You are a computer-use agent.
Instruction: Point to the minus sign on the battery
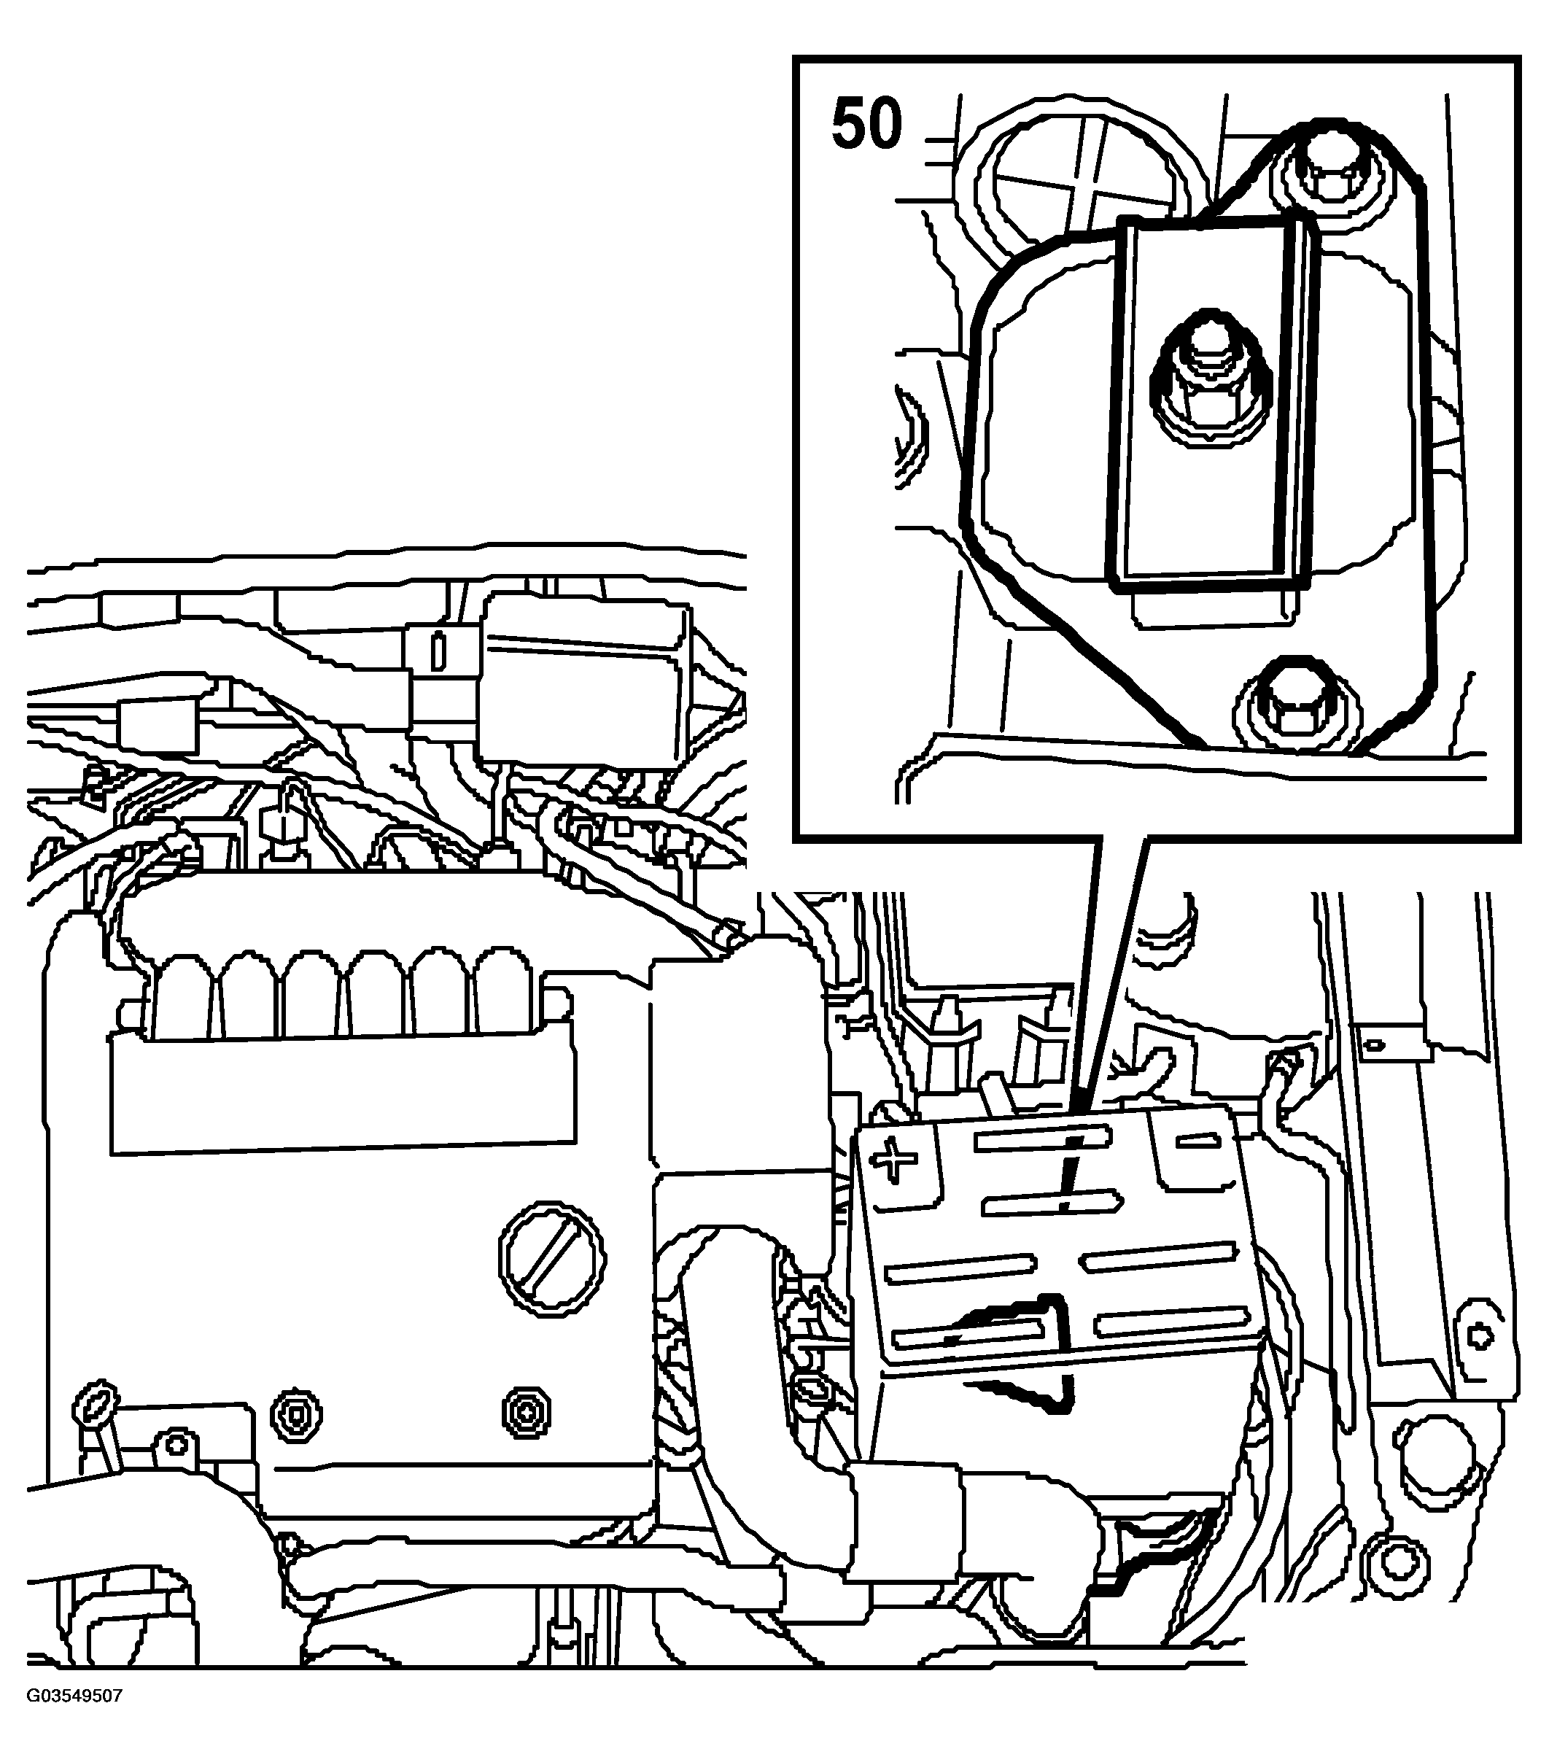coord(1197,1141)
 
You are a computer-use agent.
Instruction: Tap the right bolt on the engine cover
coord(526,1411)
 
